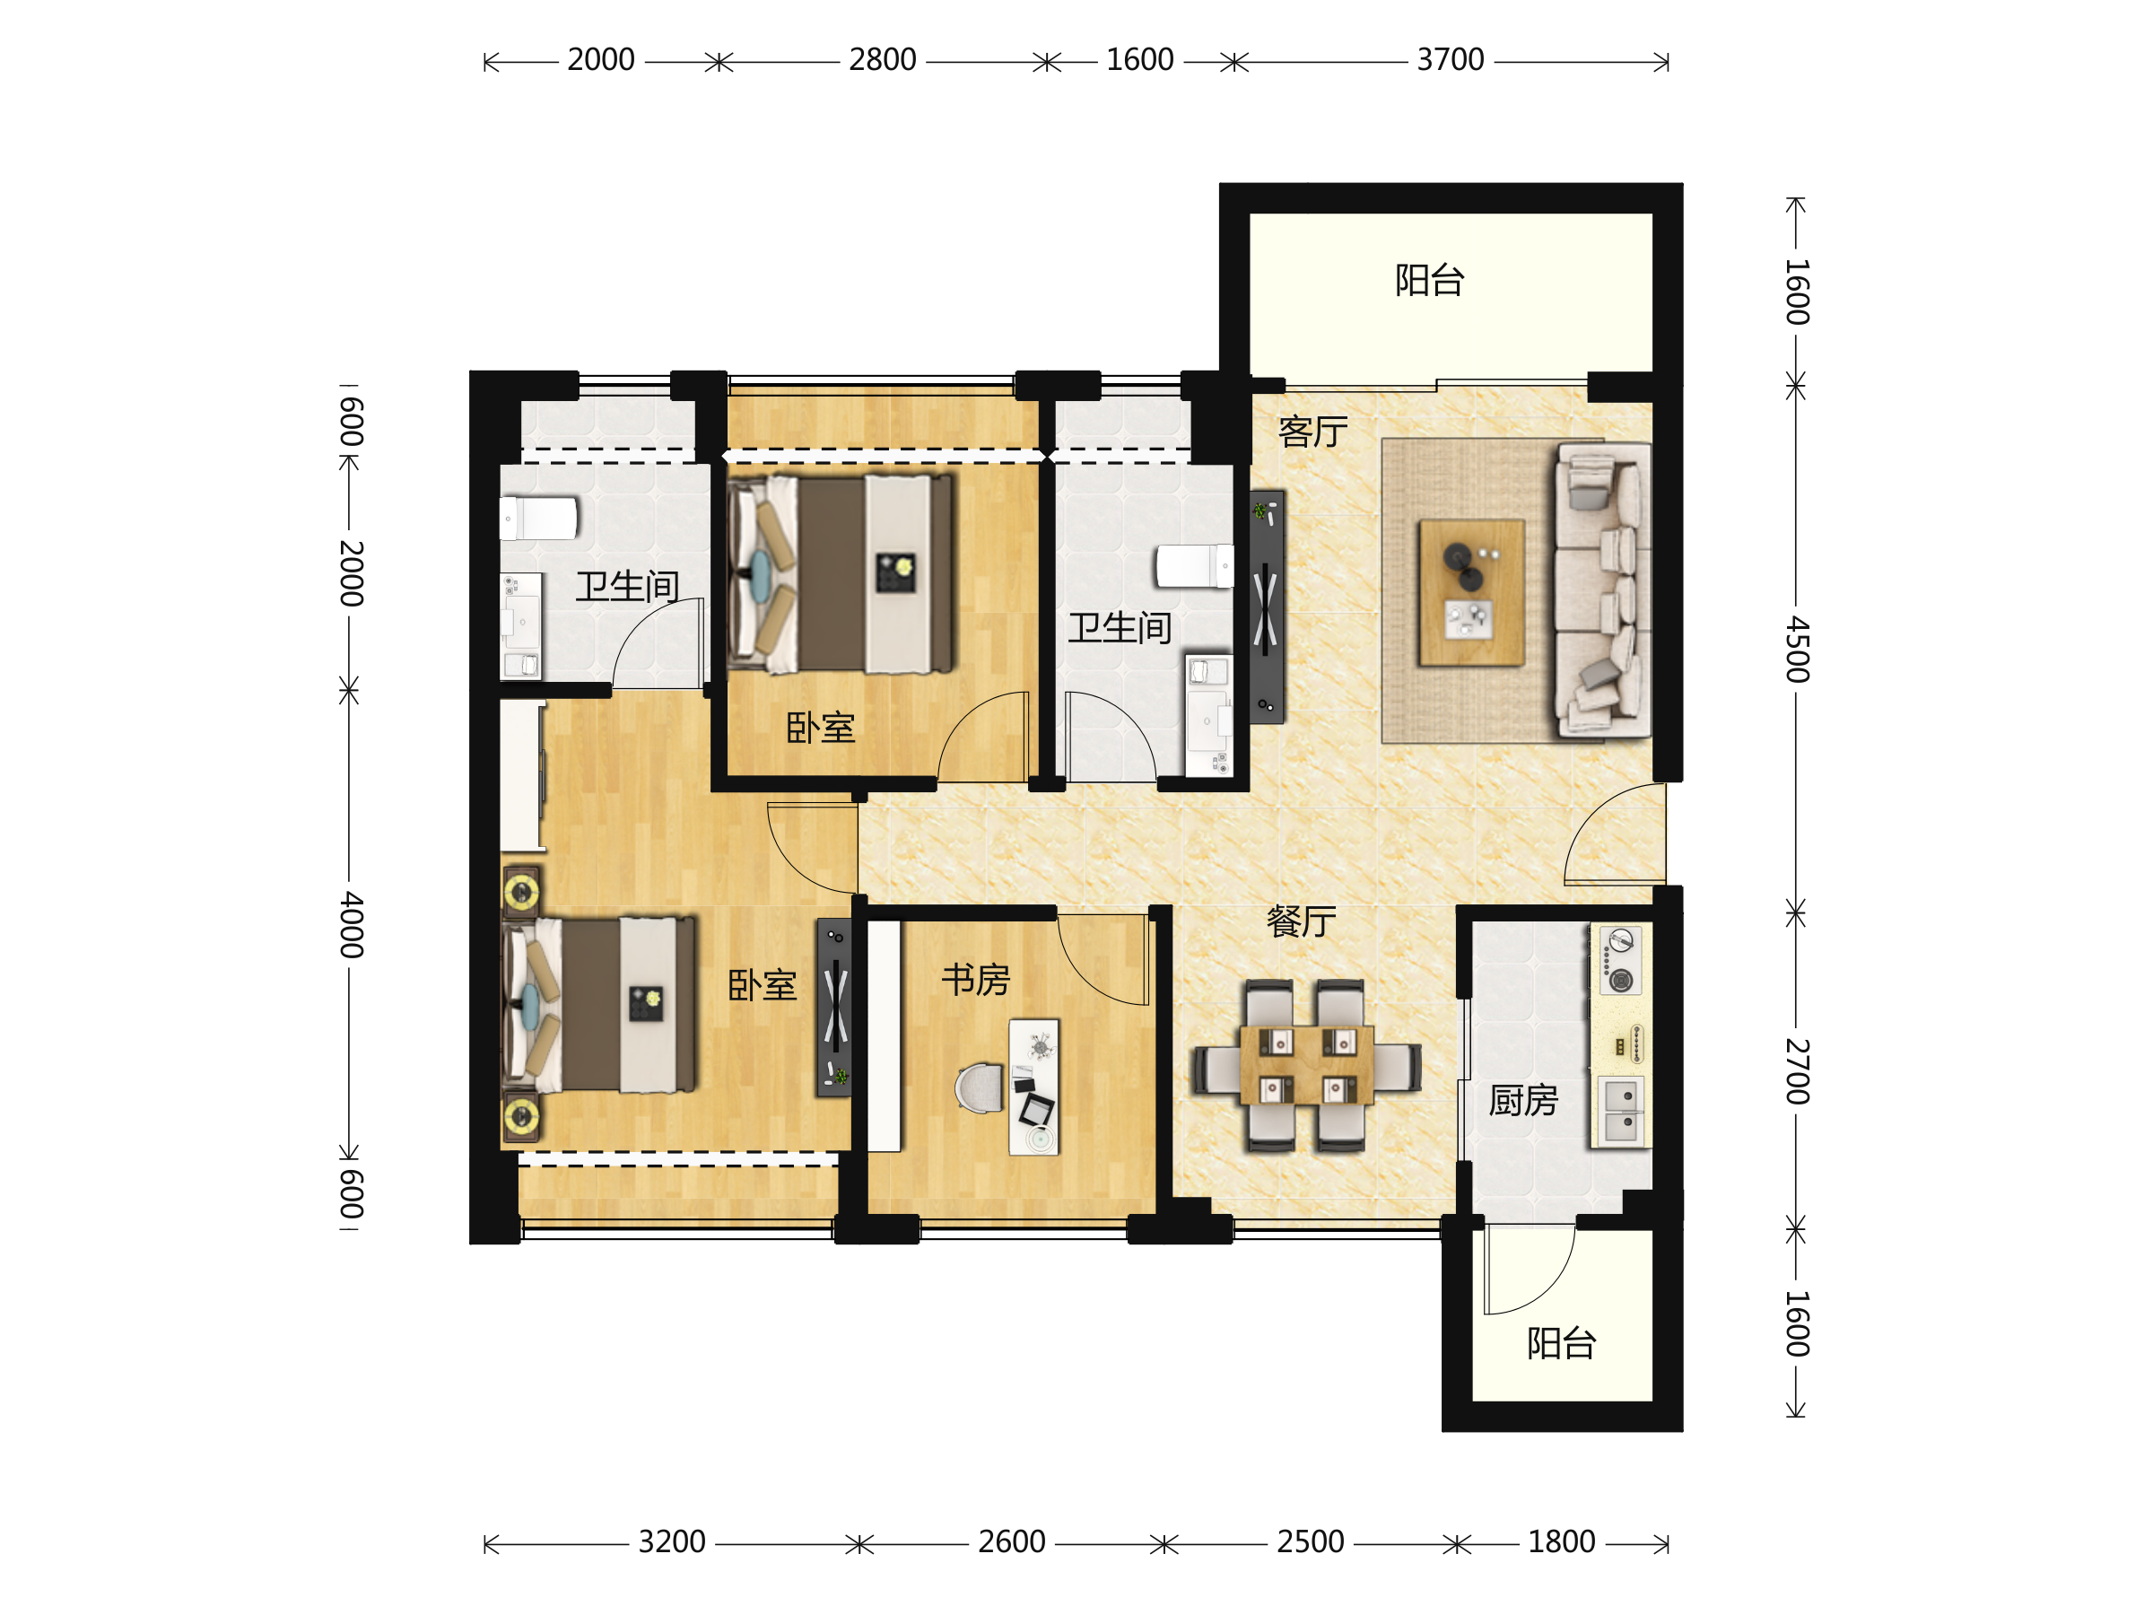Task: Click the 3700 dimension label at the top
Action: [1450, 60]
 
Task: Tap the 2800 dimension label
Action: [882, 60]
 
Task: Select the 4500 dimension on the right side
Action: [1797, 650]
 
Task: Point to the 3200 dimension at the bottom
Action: [672, 1542]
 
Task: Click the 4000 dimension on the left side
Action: [352, 925]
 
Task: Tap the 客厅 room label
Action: [1313, 432]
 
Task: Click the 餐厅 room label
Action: [1302, 921]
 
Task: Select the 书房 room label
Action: [976, 980]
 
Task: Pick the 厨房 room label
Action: [1523, 1101]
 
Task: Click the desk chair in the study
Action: [981, 1087]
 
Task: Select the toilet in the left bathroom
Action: [538, 518]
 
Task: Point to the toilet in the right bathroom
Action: [1194, 566]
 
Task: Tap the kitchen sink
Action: [1621, 1111]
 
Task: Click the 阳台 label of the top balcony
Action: [1430, 280]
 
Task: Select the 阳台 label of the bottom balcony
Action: [1561, 1343]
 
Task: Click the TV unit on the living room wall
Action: [1267, 607]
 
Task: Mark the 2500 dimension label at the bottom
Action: [1310, 1542]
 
